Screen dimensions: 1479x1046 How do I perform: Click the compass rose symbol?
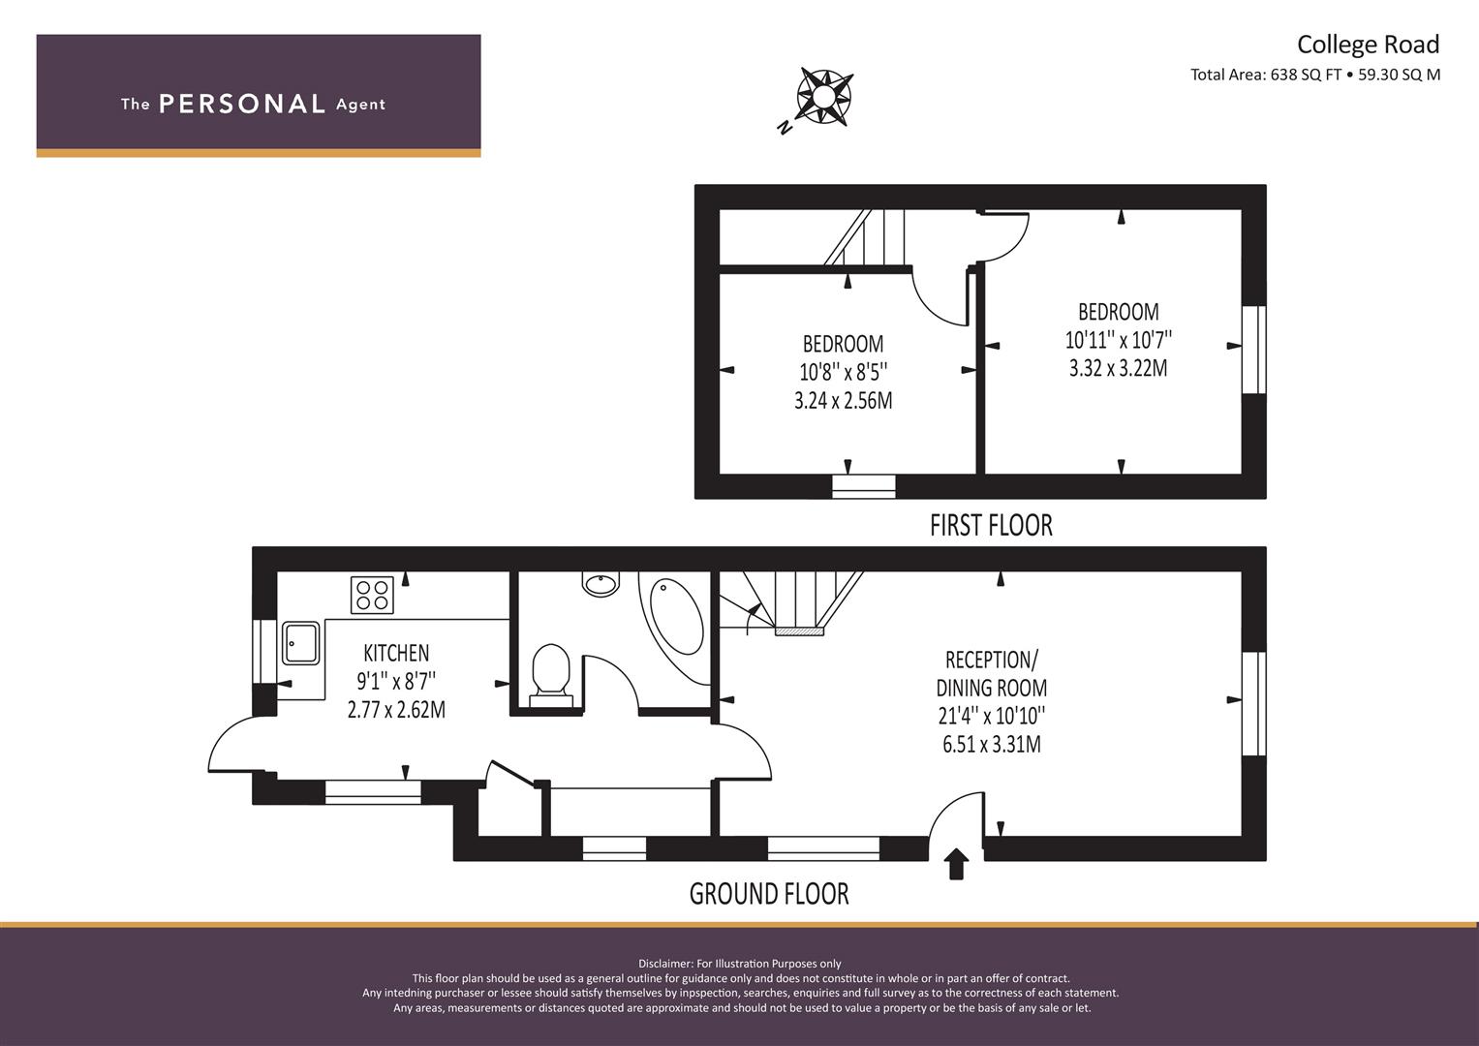[824, 97]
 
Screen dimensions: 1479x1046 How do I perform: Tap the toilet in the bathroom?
[551, 676]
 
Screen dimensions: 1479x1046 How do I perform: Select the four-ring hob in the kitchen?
[372, 595]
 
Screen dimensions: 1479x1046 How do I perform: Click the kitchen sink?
[301, 642]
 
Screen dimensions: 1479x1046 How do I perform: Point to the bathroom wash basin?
[601, 583]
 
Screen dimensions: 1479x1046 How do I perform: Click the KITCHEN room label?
[396, 653]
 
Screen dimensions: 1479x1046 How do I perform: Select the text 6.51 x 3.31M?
[992, 745]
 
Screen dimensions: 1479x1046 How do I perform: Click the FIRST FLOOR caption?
[991, 526]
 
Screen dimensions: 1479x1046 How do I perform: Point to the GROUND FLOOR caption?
[769, 894]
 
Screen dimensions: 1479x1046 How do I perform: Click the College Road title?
[1368, 45]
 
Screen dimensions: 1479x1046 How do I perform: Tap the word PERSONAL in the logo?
[242, 104]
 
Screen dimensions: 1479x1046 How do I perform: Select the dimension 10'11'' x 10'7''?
[1119, 340]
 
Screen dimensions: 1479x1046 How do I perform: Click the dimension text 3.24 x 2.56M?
[844, 401]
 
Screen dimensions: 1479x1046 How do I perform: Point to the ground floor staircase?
[791, 602]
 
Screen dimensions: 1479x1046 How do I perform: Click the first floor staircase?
[864, 237]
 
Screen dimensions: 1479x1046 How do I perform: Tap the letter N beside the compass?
[785, 128]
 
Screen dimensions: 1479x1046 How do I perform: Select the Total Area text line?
[1315, 75]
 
